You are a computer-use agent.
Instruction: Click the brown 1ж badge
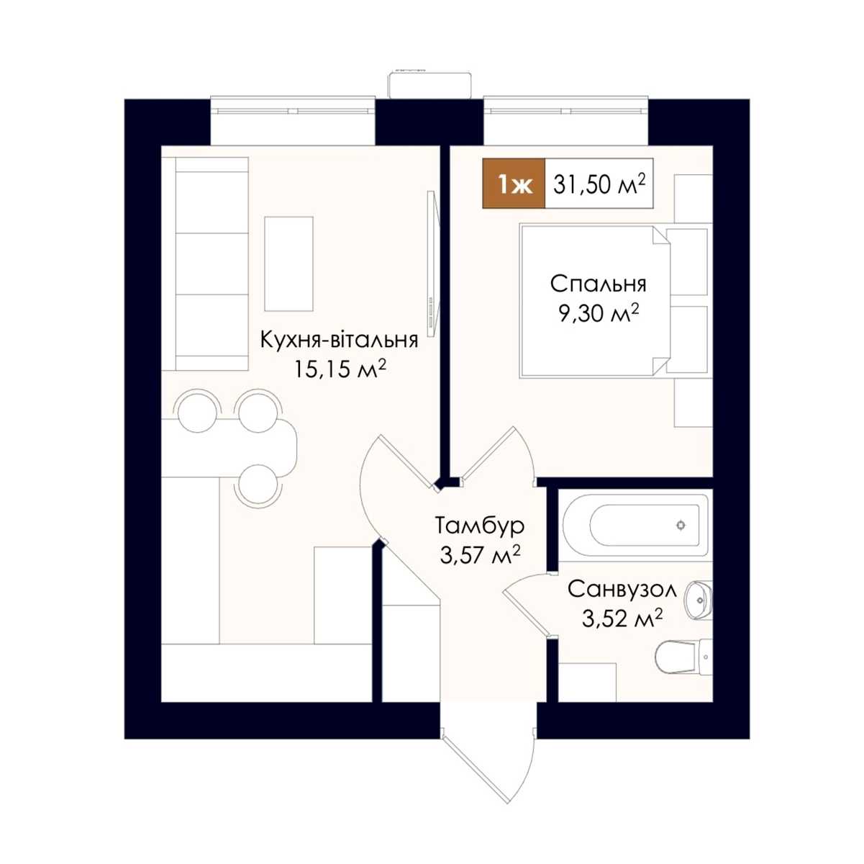click(514, 183)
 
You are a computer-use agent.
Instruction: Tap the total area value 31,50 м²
click(599, 184)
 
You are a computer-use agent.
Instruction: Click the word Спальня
click(598, 285)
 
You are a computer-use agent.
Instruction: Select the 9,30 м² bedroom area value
click(598, 314)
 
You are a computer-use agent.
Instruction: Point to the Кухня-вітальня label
click(339, 341)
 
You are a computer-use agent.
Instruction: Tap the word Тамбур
click(480, 526)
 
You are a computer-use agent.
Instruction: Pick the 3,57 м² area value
click(480, 556)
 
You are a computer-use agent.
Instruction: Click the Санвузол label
click(622, 590)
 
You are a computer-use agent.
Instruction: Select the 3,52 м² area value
click(622, 618)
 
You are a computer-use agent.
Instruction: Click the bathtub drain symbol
click(681, 525)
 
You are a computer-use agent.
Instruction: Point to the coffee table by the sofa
click(288, 264)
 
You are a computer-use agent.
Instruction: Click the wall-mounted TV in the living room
click(432, 263)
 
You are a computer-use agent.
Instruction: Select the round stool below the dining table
click(258, 484)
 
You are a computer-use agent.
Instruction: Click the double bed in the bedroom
click(595, 302)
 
